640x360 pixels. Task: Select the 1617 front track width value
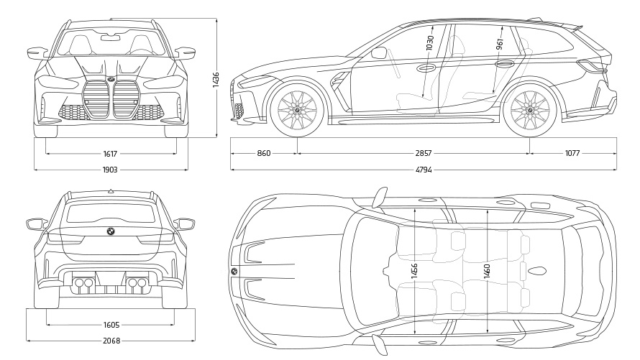tap(110, 153)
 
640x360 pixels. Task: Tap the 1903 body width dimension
tap(110, 170)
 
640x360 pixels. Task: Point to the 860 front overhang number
tap(264, 153)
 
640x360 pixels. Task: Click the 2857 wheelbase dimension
tap(424, 153)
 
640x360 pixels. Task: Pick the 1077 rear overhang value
tap(572, 153)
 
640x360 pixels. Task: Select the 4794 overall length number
tap(424, 170)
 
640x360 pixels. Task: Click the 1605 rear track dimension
tap(111, 324)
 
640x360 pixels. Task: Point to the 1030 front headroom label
tap(430, 45)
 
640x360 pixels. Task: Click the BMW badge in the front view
tap(111, 78)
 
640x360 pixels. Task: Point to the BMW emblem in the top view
tap(234, 271)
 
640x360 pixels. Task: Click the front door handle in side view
tap(426, 69)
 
